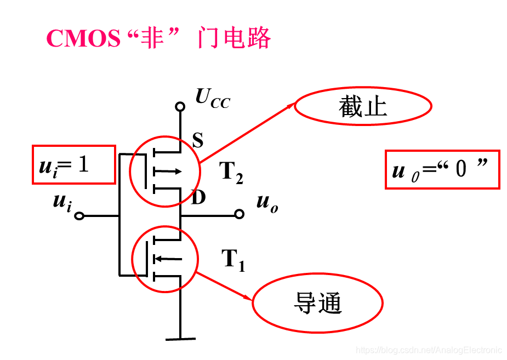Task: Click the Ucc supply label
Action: click(x=213, y=99)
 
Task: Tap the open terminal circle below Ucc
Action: click(x=179, y=106)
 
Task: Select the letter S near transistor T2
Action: click(x=198, y=141)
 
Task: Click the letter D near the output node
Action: click(x=198, y=197)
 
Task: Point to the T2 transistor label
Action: click(x=231, y=173)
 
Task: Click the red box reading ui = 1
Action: click(x=74, y=164)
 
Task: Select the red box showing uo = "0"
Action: click(x=442, y=170)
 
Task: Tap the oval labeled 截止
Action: click(x=363, y=107)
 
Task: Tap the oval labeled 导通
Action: click(x=317, y=302)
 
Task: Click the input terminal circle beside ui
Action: click(x=79, y=216)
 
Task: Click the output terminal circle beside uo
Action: click(x=239, y=214)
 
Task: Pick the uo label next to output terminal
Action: click(x=267, y=203)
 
